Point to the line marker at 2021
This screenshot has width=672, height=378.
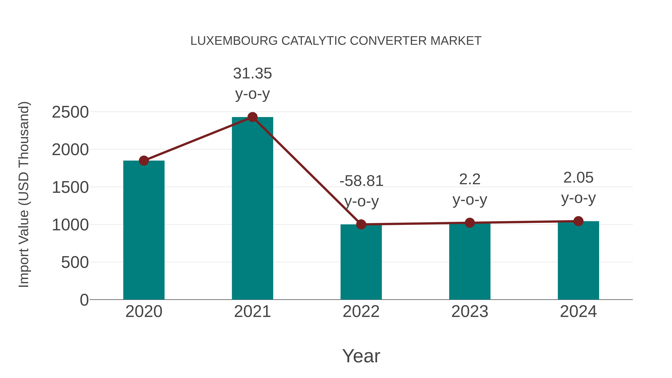[252, 117]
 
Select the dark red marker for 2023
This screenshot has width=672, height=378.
[470, 223]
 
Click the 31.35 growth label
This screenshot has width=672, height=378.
[252, 74]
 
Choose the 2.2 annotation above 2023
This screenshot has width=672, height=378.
[470, 179]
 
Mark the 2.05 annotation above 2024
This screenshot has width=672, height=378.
[578, 178]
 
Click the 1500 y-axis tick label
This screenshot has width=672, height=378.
[70, 188]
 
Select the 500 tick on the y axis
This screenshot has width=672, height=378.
[75, 262]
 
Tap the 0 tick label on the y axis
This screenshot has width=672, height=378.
[84, 300]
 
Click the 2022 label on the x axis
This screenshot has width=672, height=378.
[361, 312]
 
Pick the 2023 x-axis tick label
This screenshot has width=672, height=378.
[470, 312]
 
